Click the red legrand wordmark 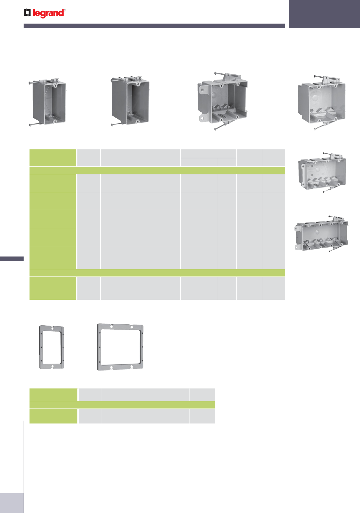(x=48, y=13)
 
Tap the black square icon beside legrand (x=27, y=13)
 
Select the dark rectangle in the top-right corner (x=324, y=14)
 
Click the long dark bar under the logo (x=154, y=26)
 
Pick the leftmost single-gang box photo (x=48, y=102)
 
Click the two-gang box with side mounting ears (x=223, y=101)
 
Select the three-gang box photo (x=322, y=173)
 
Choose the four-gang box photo (x=321, y=234)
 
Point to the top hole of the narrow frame (x=52, y=329)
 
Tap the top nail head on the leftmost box (x=30, y=83)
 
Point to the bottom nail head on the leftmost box (x=30, y=125)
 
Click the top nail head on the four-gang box (x=329, y=216)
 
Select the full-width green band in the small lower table (x=122, y=405)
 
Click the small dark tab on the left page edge (x=12, y=258)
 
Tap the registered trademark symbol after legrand (x=65, y=10)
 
